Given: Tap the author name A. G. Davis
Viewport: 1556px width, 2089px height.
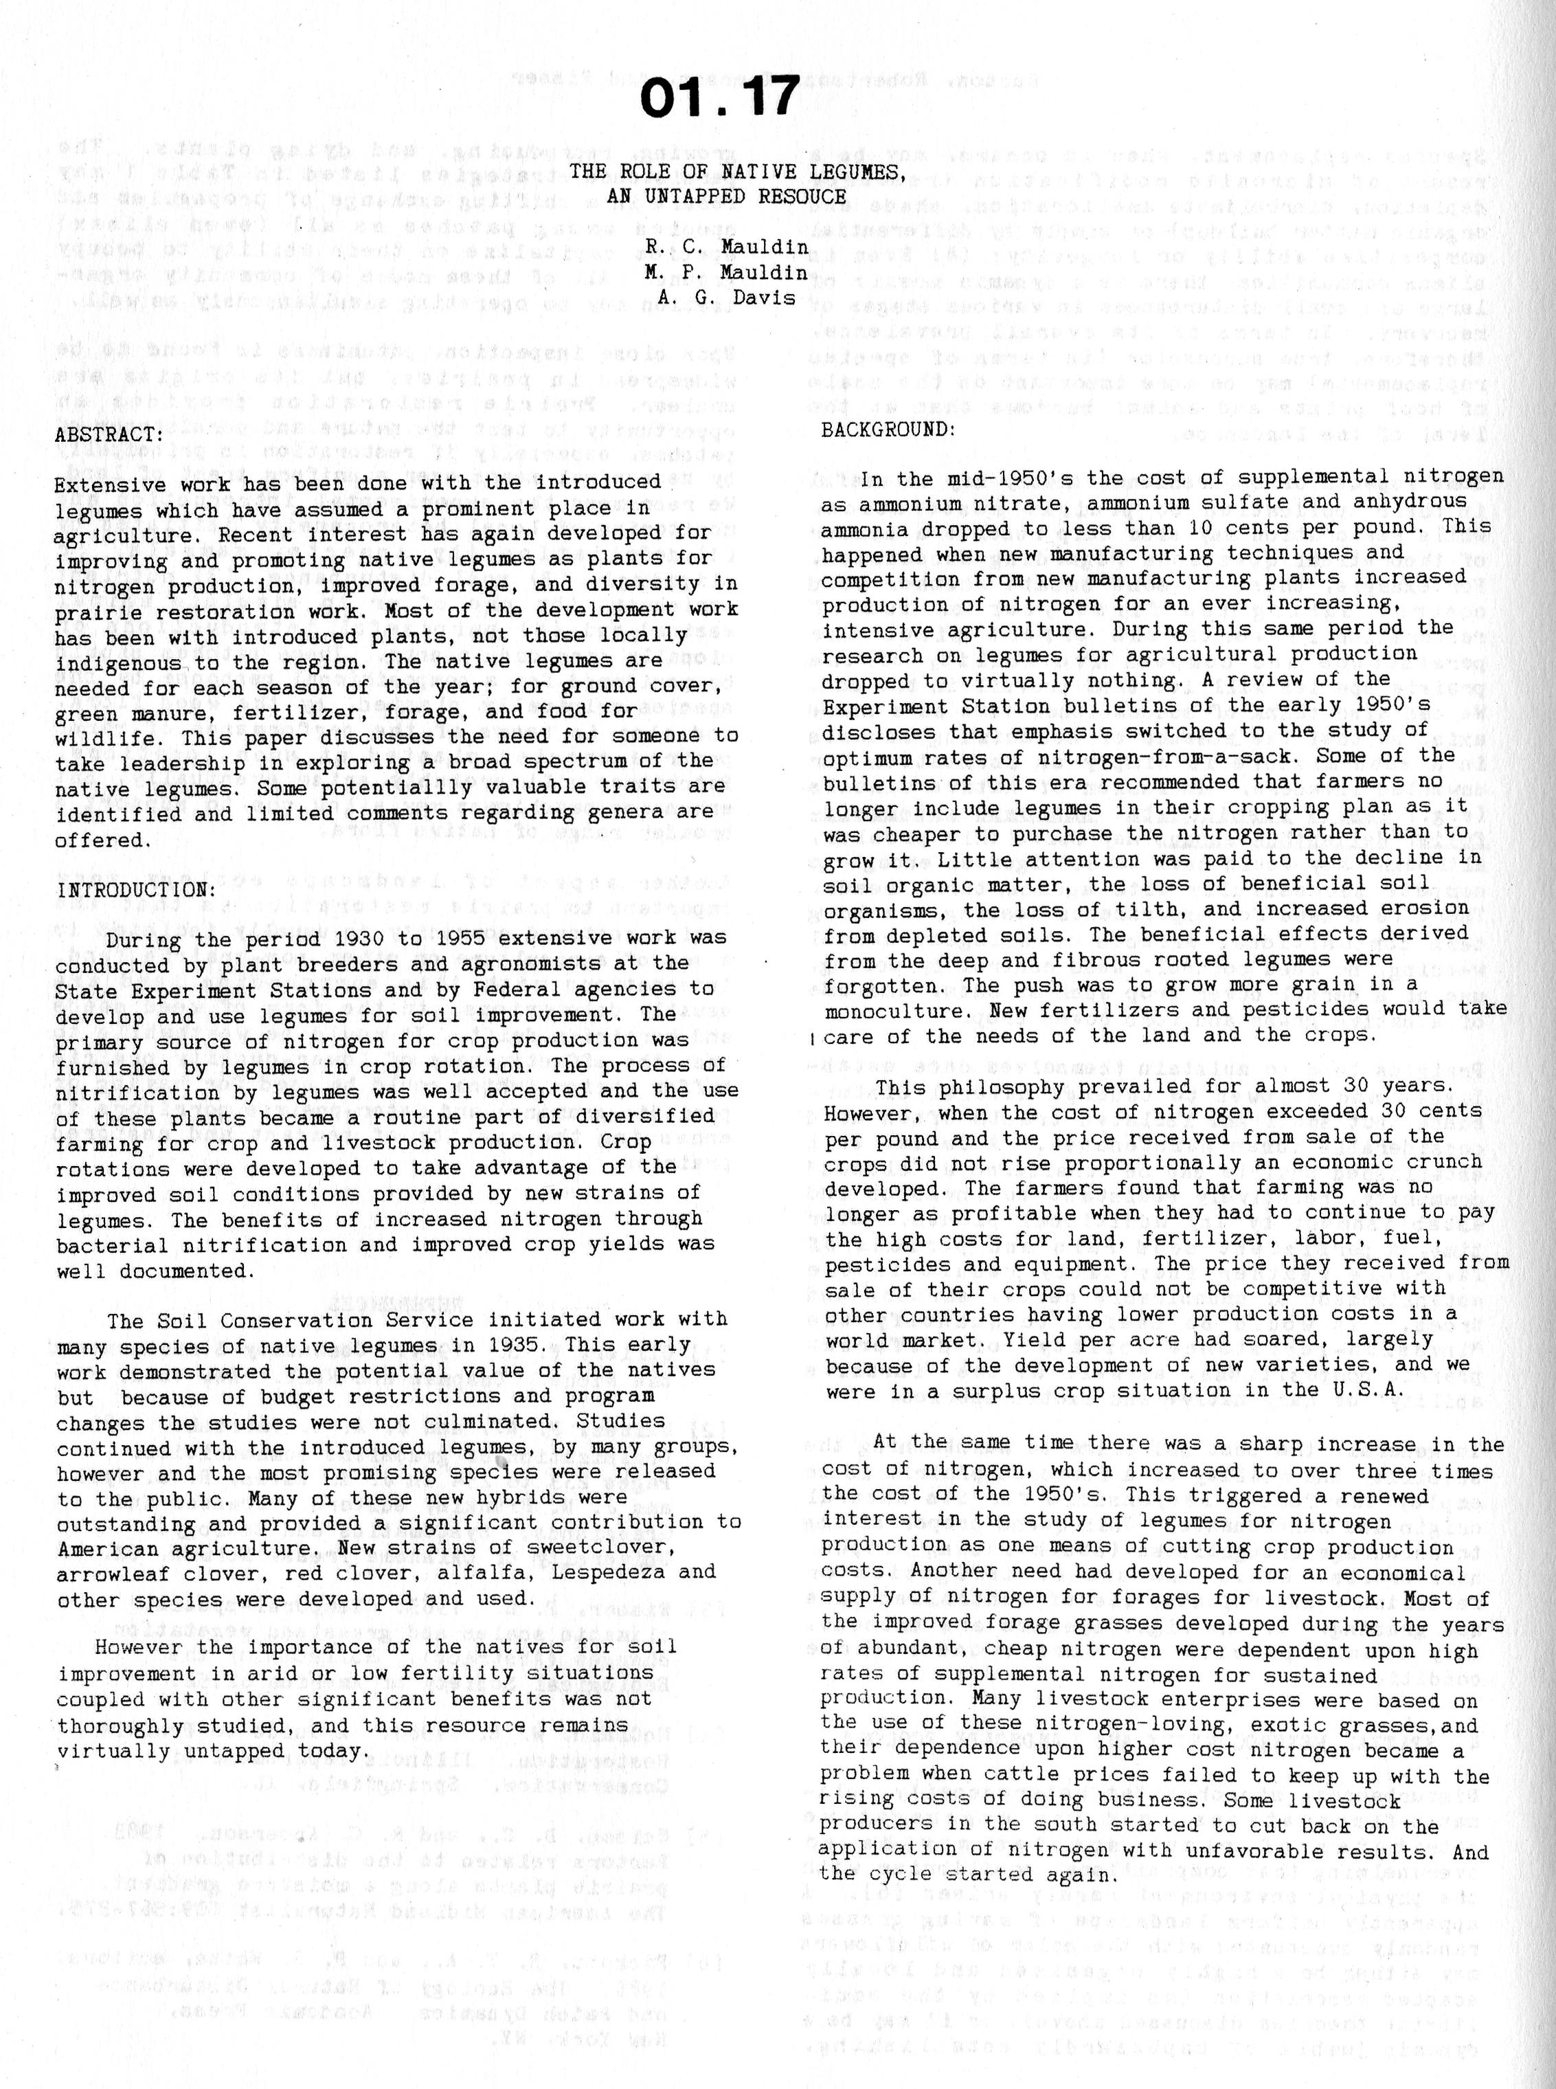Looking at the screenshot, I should click(x=726, y=297).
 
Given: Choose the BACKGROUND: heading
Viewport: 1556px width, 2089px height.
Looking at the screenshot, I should click(x=889, y=429).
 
